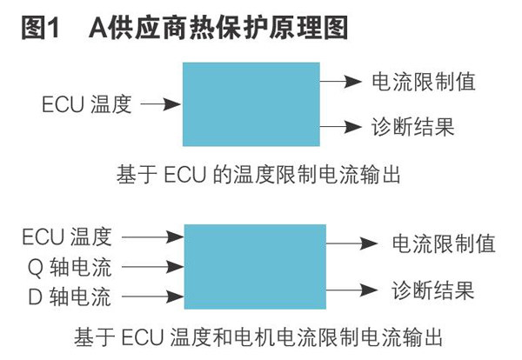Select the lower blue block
pyautogui.click(x=255, y=265)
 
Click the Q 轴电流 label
pyautogui.click(x=65, y=267)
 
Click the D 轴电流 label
pyautogui.click(x=65, y=298)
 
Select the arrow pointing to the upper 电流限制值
pyautogui.click(x=340, y=83)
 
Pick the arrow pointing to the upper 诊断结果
pyautogui.click(x=340, y=127)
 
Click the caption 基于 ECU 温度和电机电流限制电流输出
pyautogui.click(x=261, y=337)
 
